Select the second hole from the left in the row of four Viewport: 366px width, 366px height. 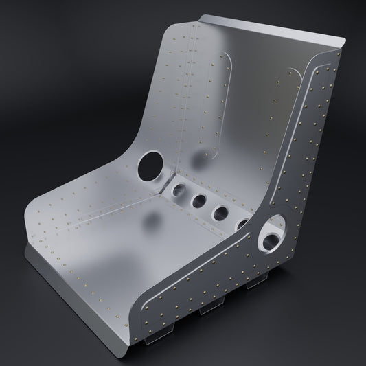click(x=200, y=202)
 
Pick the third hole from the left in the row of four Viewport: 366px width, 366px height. click(x=222, y=213)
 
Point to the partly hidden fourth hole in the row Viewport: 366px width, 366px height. click(x=243, y=224)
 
